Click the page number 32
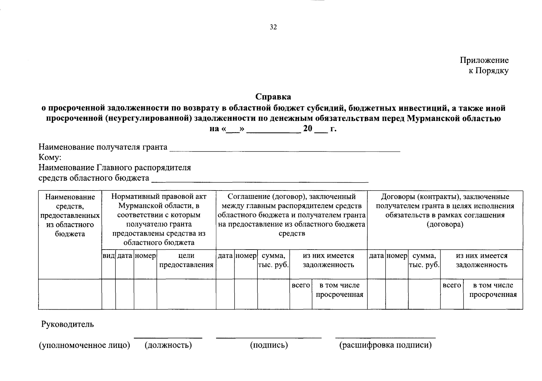273,27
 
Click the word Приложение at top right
484,60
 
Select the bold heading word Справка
273,96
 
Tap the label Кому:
50,157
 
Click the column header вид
108,256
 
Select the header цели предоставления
186,260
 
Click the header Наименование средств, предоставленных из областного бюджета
70,215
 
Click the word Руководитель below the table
68,324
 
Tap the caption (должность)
168,345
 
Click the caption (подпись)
269,345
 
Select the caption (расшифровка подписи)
385,345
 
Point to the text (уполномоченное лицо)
84,345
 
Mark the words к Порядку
489,71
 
